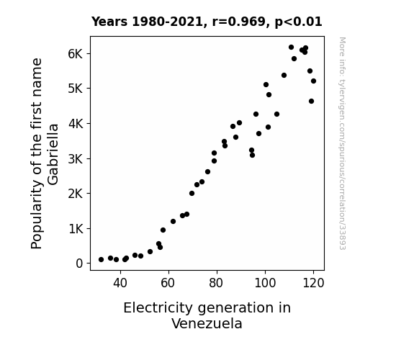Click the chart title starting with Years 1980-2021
coord(207,22)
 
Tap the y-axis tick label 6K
coord(76,54)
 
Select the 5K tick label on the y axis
coord(76,89)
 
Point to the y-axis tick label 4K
coord(76,124)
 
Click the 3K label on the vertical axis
coord(76,158)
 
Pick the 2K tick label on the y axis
coord(76,194)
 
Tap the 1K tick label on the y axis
coord(76,229)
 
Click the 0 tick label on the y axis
coord(79,264)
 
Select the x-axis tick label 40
coord(120,283)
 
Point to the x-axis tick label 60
coord(168,283)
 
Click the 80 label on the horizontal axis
coord(217,283)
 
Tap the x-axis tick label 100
coord(265,283)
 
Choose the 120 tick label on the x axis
coord(313,283)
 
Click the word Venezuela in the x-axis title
coord(207,323)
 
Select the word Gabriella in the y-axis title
coord(53,154)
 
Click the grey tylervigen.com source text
coord(342,143)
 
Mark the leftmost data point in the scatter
coord(101,260)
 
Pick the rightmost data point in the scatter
coord(313,81)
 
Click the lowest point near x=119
coord(311,101)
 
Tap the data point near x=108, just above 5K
coord(284,76)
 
